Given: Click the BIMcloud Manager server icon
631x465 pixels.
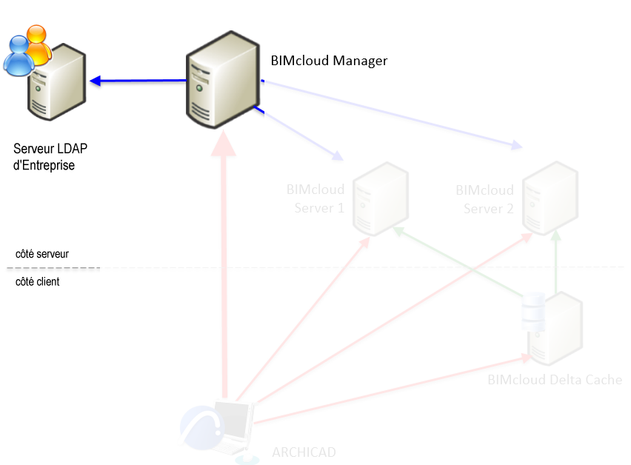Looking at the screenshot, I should tap(222, 80).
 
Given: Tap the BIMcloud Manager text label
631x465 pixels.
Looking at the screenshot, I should tap(329, 61).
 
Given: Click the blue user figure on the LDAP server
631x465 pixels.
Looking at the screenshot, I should tap(18, 56).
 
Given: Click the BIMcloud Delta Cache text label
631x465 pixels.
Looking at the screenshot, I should tap(554, 380).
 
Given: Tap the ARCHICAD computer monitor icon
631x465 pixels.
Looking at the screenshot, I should tap(234, 429).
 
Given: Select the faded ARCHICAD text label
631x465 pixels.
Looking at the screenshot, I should tap(304, 452).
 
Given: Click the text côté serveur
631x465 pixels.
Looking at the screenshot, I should tap(42, 254).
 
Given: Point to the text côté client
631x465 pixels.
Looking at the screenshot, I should tap(37, 282).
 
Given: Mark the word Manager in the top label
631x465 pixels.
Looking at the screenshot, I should tap(360, 61).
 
